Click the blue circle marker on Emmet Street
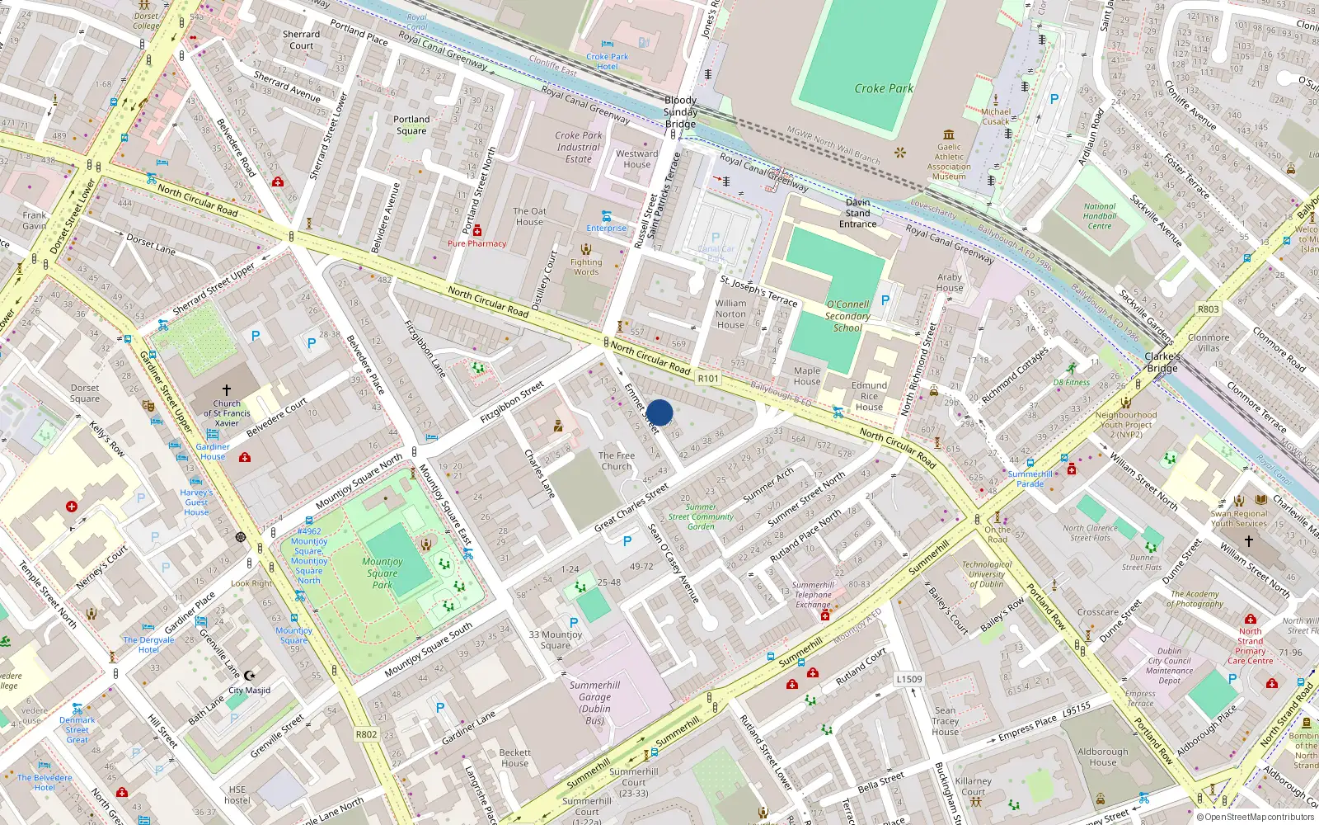tap(659, 412)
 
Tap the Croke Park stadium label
tap(884, 88)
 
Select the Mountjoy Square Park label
tap(383, 573)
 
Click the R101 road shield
tap(708, 379)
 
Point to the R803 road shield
tap(1208, 309)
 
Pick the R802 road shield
tap(366, 734)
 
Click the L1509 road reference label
tap(909, 679)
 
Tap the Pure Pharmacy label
tap(476, 243)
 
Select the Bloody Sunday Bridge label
tap(681, 112)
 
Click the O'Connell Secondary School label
tap(847, 316)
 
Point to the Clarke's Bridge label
tap(1162, 362)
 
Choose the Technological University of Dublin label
tap(987, 574)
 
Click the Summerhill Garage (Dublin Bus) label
tap(594, 702)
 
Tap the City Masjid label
tap(249, 691)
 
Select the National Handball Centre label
tap(1100, 216)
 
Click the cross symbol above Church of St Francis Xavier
tap(227, 389)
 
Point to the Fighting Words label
tap(586, 267)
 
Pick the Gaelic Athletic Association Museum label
tap(949, 162)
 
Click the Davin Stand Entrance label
tap(857, 213)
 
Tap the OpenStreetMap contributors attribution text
tap(1258, 817)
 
